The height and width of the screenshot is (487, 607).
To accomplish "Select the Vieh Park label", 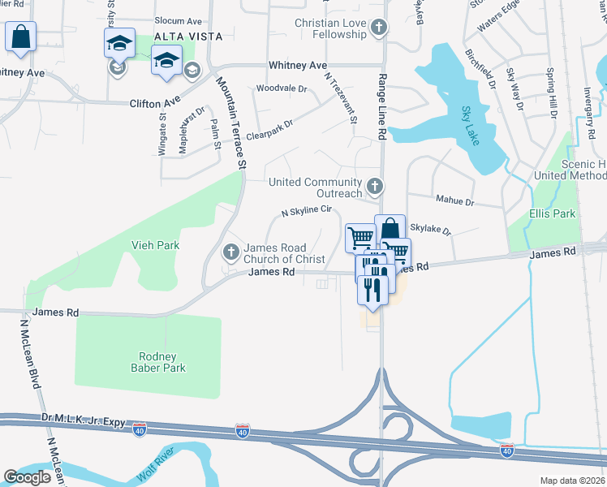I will pyautogui.click(x=156, y=244).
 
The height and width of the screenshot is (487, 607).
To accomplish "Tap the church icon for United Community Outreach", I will pyautogui.click(x=375, y=187).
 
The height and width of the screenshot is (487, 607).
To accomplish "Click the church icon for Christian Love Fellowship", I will pyautogui.click(x=378, y=29).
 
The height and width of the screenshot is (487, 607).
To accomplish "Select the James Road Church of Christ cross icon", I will pyautogui.click(x=231, y=252).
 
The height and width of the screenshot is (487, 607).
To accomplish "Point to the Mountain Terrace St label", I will pyautogui.click(x=230, y=122).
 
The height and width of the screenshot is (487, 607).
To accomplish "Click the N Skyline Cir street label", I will pyautogui.click(x=308, y=211).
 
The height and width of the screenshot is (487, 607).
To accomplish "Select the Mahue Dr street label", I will pyautogui.click(x=454, y=200).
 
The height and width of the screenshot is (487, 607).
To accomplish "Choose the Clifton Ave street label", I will pyautogui.click(x=154, y=103).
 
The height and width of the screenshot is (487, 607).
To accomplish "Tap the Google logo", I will pyautogui.click(x=27, y=477).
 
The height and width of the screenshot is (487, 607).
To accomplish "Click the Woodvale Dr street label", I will pyautogui.click(x=282, y=88).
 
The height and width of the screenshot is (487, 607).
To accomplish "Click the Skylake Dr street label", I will pyautogui.click(x=430, y=230).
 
